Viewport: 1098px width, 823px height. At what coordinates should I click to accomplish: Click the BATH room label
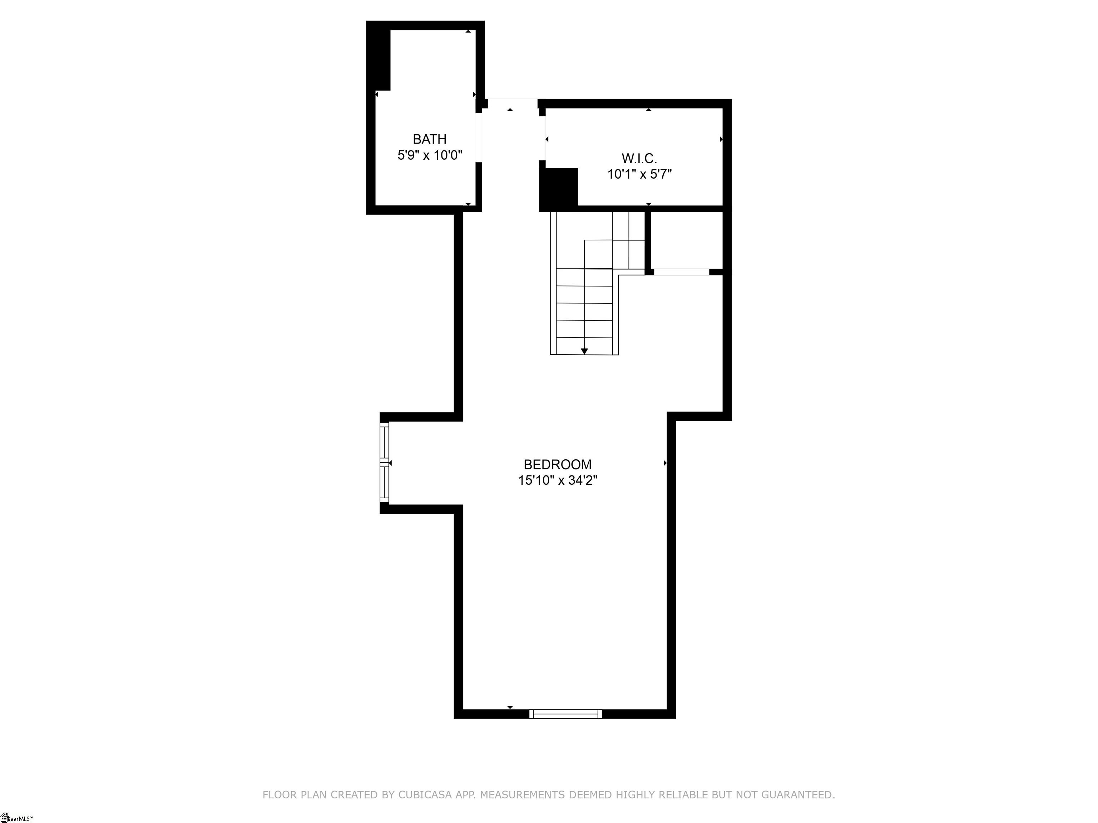(x=429, y=139)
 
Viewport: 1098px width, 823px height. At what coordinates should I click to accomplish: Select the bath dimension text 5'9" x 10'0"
(x=430, y=155)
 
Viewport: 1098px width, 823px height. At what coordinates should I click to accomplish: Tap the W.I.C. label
(x=639, y=158)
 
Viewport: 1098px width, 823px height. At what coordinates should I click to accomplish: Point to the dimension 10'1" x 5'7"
(x=639, y=174)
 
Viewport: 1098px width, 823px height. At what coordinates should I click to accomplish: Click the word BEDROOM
(x=558, y=464)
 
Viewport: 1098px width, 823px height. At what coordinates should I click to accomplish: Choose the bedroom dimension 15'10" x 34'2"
(x=558, y=480)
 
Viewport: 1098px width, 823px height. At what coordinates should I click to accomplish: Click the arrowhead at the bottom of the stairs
(x=584, y=351)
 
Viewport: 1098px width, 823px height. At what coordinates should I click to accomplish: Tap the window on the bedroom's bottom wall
(x=565, y=714)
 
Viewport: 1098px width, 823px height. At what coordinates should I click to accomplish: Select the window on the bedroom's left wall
(x=384, y=462)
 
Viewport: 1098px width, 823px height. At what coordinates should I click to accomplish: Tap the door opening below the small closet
(x=681, y=272)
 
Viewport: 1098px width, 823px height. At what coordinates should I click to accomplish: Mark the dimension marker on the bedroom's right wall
(x=665, y=463)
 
